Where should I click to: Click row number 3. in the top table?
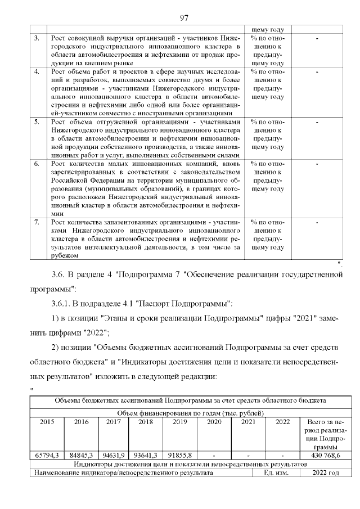37,38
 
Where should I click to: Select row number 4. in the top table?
37,72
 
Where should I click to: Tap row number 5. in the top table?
37,121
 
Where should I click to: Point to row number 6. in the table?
37,164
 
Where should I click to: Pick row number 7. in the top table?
37,223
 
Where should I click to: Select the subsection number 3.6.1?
62,304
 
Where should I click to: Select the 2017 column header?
113,421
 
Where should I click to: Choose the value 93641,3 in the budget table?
146,456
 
